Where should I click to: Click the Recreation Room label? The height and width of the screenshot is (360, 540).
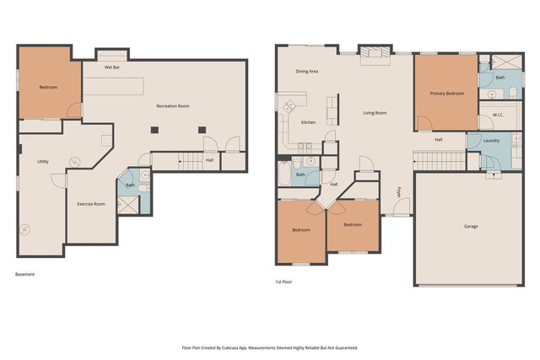[x=173, y=106]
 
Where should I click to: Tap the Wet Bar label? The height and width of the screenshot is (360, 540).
[x=112, y=67]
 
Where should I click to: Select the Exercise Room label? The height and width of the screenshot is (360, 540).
[x=91, y=204]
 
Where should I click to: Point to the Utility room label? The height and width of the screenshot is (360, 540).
[x=43, y=161]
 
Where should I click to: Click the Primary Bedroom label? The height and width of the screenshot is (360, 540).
[x=447, y=94]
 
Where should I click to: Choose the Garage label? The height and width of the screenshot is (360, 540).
[x=471, y=226]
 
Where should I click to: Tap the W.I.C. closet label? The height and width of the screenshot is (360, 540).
[x=498, y=115]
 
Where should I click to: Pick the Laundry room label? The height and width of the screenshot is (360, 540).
[x=491, y=141]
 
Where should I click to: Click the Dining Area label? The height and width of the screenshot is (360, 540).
[x=307, y=72]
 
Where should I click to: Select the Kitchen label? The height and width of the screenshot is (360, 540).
[x=308, y=122]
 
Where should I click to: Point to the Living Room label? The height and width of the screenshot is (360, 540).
[x=375, y=113]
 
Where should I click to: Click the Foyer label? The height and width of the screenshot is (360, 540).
[x=399, y=192]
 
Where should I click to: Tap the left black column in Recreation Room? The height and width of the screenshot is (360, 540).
[x=154, y=130]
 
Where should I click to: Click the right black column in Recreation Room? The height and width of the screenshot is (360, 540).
[x=202, y=130]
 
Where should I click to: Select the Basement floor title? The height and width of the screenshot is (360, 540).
[x=24, y=274]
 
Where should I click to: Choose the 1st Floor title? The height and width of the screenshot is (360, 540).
[x=283, y=282]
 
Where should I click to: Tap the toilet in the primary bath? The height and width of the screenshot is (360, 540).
[x=513, y=93]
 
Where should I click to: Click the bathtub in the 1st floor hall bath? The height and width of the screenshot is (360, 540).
[x=284, y=173]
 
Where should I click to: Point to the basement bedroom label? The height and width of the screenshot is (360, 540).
[x=48, y=88]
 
